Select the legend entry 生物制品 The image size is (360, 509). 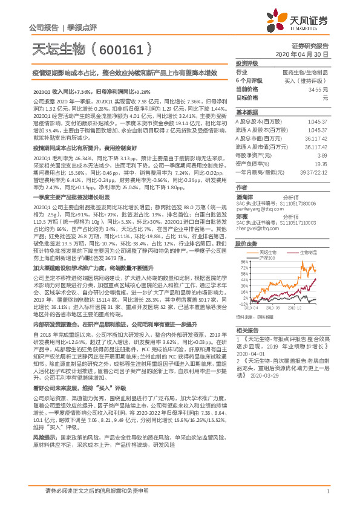(309, 251)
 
